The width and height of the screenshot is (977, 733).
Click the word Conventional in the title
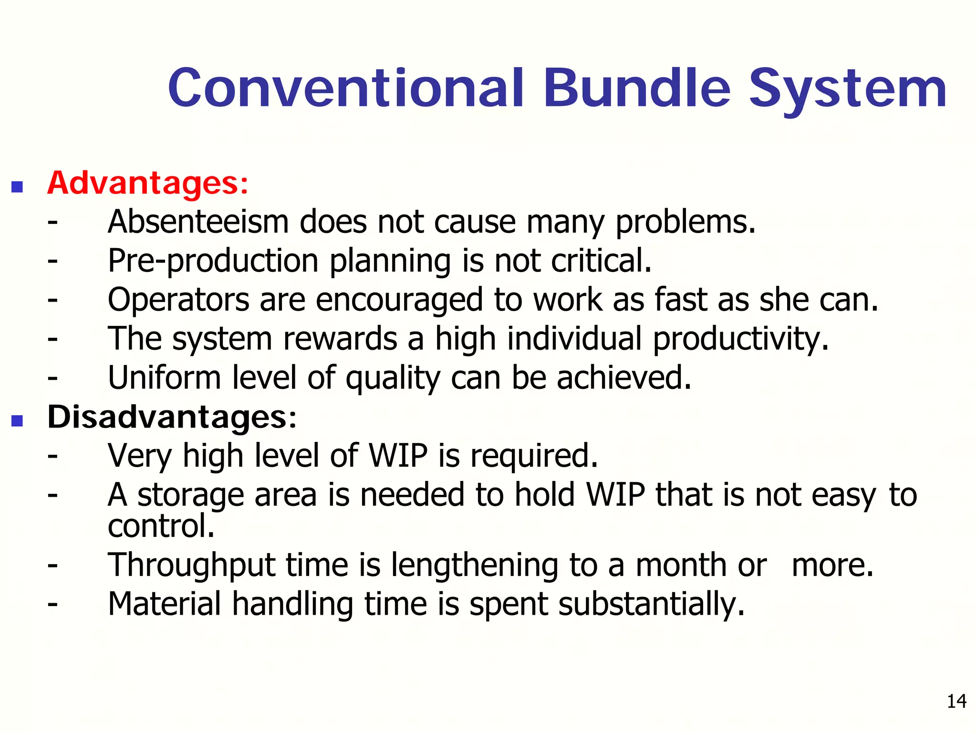(x=346, y=88)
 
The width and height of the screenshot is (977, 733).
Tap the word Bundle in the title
(x=637, y=88)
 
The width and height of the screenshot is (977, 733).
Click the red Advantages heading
(x=148, y=183)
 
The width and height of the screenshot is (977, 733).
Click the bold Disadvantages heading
(x=172, y=418)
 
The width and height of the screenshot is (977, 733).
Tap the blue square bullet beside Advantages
(x=17, y=187)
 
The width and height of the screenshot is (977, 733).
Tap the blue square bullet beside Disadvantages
(x=17, y=420)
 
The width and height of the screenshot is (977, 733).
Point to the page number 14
(x=956, y=701)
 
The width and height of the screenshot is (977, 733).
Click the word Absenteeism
(x=198, y=222)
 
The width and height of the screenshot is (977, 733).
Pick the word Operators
(x=178, y=301)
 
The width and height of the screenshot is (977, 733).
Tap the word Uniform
(x=164, y=378)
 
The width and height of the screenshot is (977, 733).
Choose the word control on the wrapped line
(x=161, y=526)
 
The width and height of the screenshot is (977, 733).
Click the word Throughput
(x=191, y=566)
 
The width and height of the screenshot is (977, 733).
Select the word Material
(x=164, y=604)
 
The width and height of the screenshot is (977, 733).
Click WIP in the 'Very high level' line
(x=398, y=456)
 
